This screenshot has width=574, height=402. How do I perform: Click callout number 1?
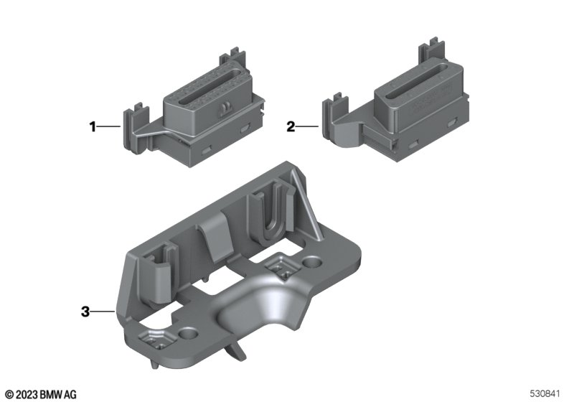(93, 127)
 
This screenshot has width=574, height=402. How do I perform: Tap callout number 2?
(291, 127)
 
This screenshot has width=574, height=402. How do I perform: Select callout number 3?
(85, 312)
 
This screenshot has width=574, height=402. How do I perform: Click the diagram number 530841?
(545, 393)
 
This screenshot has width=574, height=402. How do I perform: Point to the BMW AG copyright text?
(41, 394)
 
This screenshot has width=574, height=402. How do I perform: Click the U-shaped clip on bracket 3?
(271, 211)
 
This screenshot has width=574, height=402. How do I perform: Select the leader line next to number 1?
(109, 126)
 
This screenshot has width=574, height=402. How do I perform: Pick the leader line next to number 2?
(307, 126)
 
